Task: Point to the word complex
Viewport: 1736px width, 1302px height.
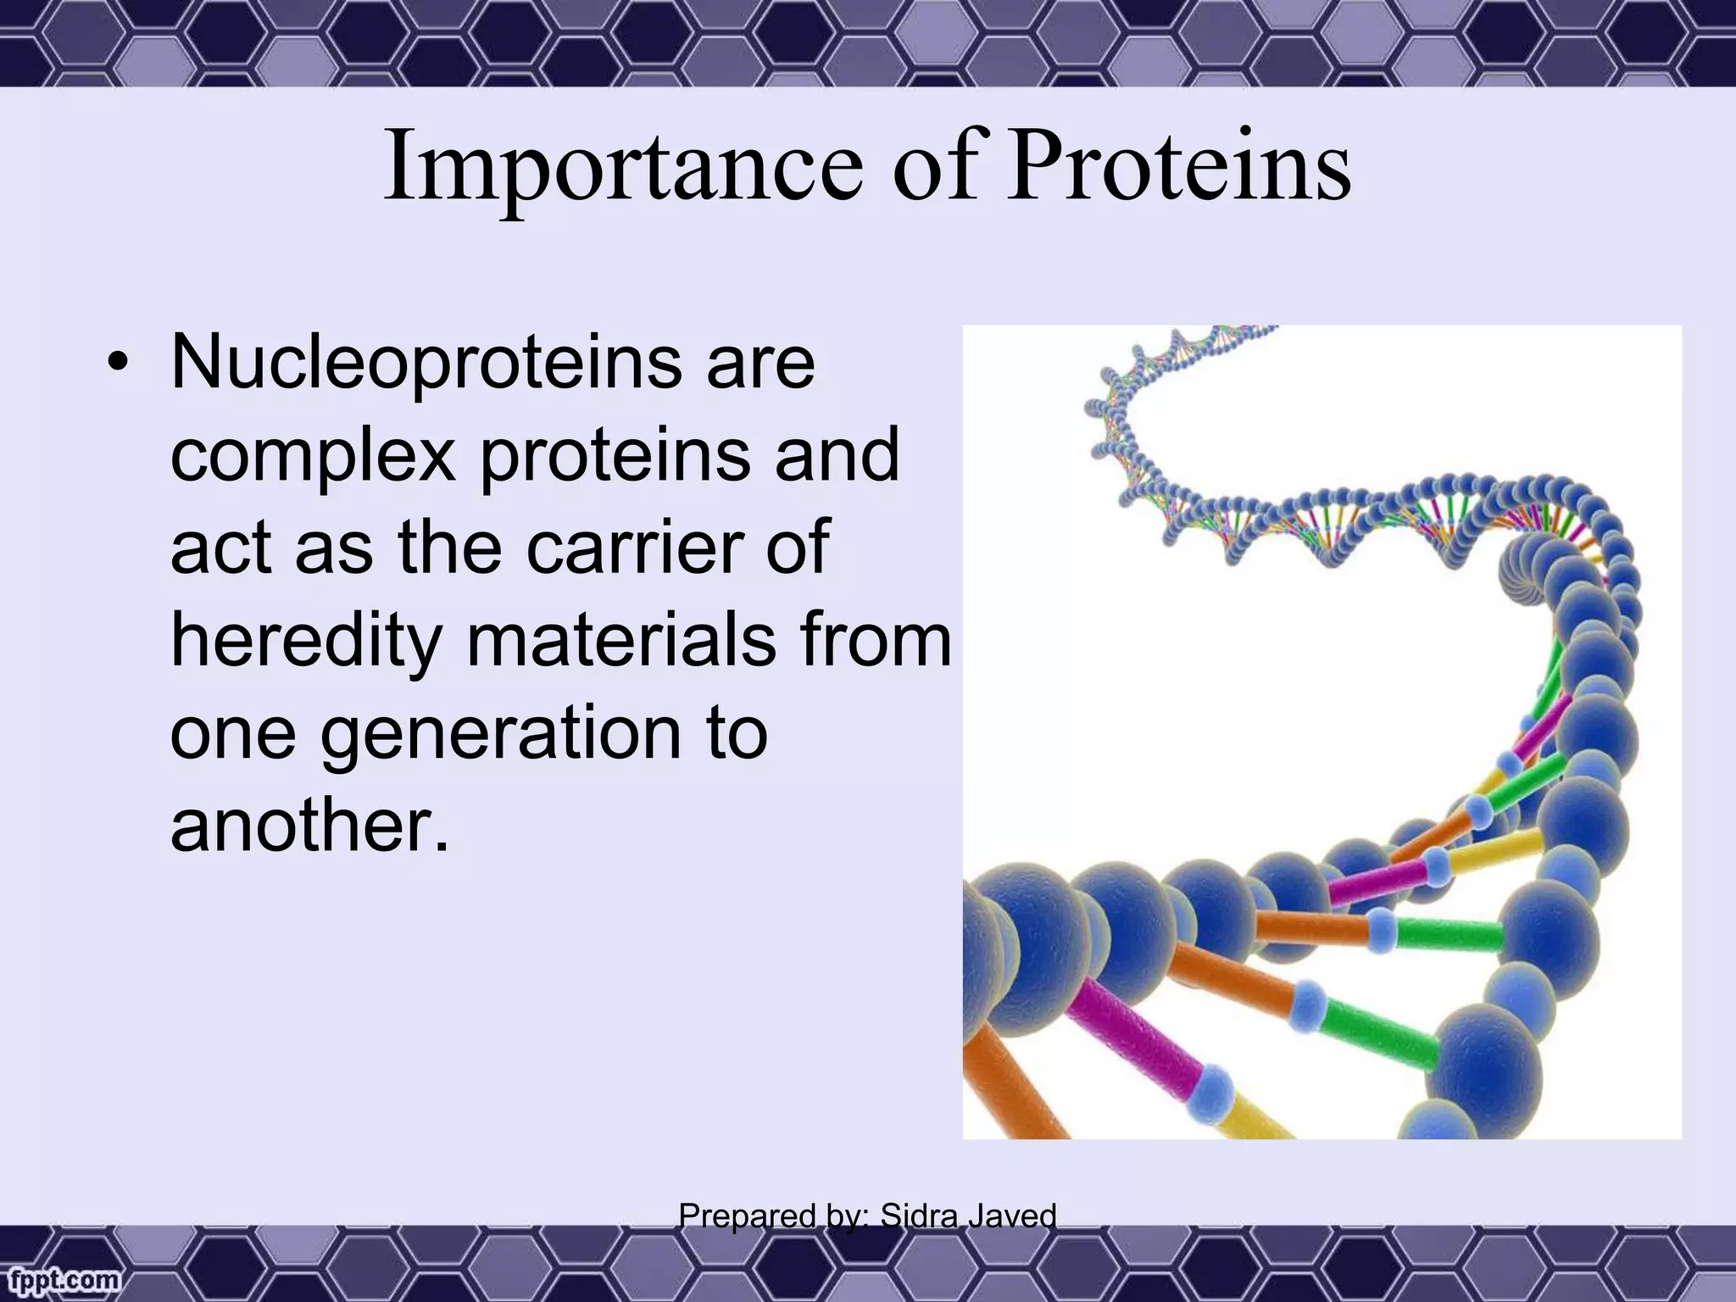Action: click(314, 458)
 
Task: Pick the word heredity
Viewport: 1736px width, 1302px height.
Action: click(305, 642)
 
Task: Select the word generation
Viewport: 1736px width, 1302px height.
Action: click(500, 734)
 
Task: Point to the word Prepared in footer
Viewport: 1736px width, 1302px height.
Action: click(745, 1216)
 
